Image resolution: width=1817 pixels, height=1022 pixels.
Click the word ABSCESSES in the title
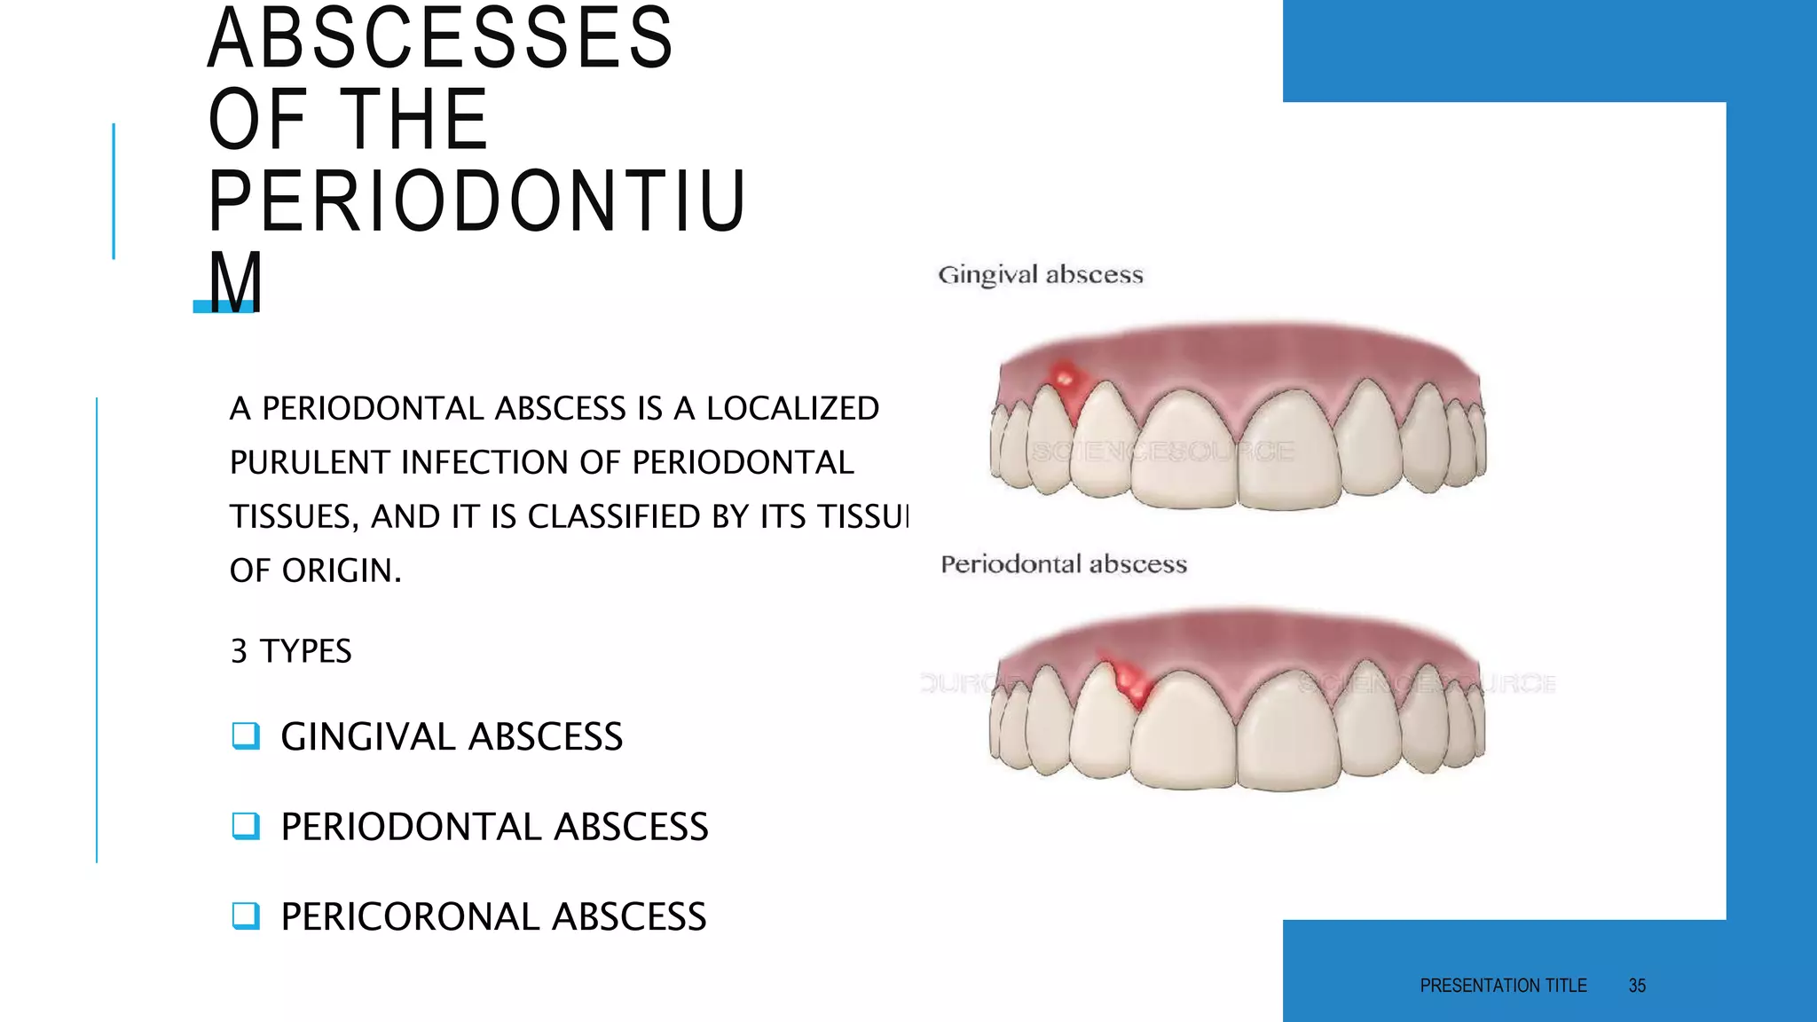[441, 39]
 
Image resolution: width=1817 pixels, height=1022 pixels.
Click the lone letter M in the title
[235, 282]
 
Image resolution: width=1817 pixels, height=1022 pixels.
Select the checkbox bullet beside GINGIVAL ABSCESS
[246, 735]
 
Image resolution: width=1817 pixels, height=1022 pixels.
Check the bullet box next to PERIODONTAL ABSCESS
[246, 826]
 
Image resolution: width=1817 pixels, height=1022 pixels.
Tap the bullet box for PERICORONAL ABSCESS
[246, 916]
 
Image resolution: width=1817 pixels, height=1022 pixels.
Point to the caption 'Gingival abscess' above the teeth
[1041, 275]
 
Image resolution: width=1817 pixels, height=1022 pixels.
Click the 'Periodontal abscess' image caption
[1064, 564]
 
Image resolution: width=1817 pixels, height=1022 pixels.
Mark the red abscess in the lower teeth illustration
[1129, 681]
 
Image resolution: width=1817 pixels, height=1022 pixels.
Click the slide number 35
[1637, 986]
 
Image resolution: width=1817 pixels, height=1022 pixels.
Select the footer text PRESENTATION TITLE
[1503, 986]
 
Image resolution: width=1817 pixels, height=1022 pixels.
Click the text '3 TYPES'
[291, 651]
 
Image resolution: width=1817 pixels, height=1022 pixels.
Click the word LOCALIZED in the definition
[792, 409]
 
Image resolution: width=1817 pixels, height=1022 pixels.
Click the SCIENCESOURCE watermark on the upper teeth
[1162, 452]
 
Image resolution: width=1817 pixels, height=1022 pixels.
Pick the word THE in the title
[414, 121]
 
